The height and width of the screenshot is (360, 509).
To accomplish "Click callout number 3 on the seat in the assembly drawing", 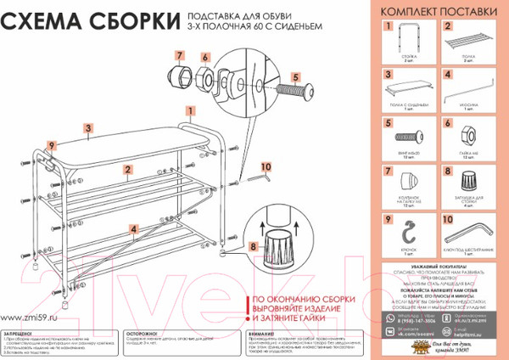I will (88, 129).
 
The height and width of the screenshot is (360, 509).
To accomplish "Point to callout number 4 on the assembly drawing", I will (133, 227).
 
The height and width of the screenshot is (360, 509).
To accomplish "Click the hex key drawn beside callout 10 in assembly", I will (260, 177).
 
